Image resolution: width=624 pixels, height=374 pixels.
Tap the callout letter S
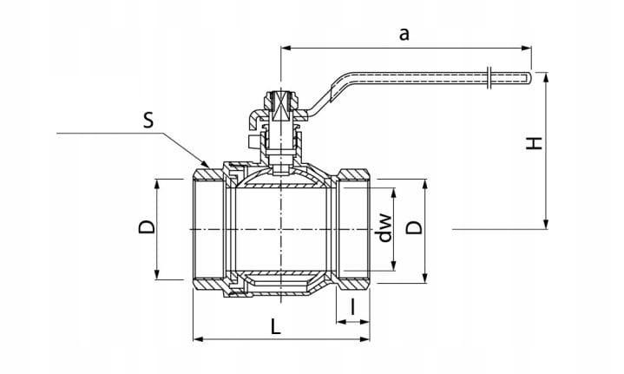click(x=148, y=121)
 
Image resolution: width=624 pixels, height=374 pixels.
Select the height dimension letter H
click(x=535, y=142)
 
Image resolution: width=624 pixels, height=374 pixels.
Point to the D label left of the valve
click(x=147, y=227)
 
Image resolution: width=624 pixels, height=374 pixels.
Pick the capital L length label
click(x=275, y=327)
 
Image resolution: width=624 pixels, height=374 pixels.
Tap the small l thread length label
click(x=353, y=305)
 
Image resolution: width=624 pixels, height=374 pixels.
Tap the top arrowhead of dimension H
click(x=547, y=76)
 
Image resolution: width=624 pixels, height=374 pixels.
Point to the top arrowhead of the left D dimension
click(x=157, y=183)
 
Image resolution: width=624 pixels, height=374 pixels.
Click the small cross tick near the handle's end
click(x=492, y=75)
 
